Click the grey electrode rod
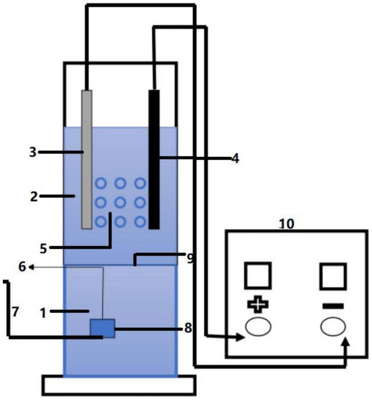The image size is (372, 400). (x=87, y=160)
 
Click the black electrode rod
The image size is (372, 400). (x=154, y=160)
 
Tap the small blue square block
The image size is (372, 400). (x=103, y=328)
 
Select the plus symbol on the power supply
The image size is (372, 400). (x=258, y=304)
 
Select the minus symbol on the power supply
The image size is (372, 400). (x=333, y=306)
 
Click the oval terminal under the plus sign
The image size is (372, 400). (x=258, y=327)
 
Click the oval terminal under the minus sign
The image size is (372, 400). (x=333, y=327)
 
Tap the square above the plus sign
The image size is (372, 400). (x=258, y=276)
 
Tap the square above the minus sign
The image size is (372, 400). (x=333, y=276)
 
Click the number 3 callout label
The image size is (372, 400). (x=33, y=152)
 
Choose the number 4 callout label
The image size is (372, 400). (x=235, y=158)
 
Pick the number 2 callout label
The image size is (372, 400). (x=34, y=197)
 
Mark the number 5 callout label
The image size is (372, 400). (x=43, y=248)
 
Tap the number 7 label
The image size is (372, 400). (x=15, y=312)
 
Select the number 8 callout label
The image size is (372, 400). (x=188, y=328)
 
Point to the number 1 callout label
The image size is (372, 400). (x=43, y=313)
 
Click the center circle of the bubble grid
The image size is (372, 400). (x=120, y=203)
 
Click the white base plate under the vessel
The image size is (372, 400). (x=119, y=385)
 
